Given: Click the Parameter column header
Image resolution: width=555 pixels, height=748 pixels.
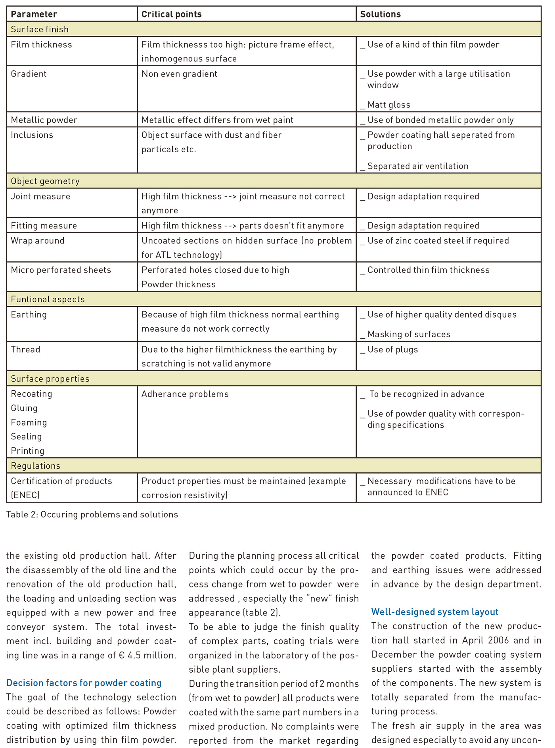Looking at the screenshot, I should point(34,14).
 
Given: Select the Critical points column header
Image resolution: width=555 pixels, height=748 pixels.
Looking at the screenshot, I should point(171,14).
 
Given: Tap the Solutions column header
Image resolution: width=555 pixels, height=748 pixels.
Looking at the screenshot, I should point(380,14).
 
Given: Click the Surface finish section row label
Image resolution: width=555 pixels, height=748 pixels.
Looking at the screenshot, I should point(40,29).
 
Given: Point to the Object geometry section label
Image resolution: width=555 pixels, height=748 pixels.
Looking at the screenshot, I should point(45,181).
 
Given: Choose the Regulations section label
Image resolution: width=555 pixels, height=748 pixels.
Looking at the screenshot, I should point(36,466).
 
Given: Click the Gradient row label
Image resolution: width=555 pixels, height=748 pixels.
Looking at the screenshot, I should point(29,74).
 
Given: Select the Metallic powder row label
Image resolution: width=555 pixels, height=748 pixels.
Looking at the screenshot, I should point(44,120).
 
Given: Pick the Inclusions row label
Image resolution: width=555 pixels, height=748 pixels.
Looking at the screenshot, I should point(32,135).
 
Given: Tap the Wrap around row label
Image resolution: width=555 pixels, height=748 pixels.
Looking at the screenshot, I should point(37,241).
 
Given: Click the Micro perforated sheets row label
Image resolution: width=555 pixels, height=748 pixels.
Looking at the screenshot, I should point(61,270).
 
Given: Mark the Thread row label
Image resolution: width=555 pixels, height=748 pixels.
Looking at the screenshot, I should point(25,349).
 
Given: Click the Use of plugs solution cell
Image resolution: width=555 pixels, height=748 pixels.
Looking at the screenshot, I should point(392,350).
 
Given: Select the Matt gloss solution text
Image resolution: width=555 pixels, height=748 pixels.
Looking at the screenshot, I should point(388,105).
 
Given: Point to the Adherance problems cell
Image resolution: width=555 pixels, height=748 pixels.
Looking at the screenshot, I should point(185,394).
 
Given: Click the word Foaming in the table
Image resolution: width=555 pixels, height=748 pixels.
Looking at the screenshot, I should point(29,423).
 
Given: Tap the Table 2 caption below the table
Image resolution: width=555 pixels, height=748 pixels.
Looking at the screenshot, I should point(92,515).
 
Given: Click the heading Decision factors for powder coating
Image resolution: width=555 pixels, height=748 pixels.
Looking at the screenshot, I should point(84,683).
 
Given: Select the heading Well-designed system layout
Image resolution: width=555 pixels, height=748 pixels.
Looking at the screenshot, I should point(434,612).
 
